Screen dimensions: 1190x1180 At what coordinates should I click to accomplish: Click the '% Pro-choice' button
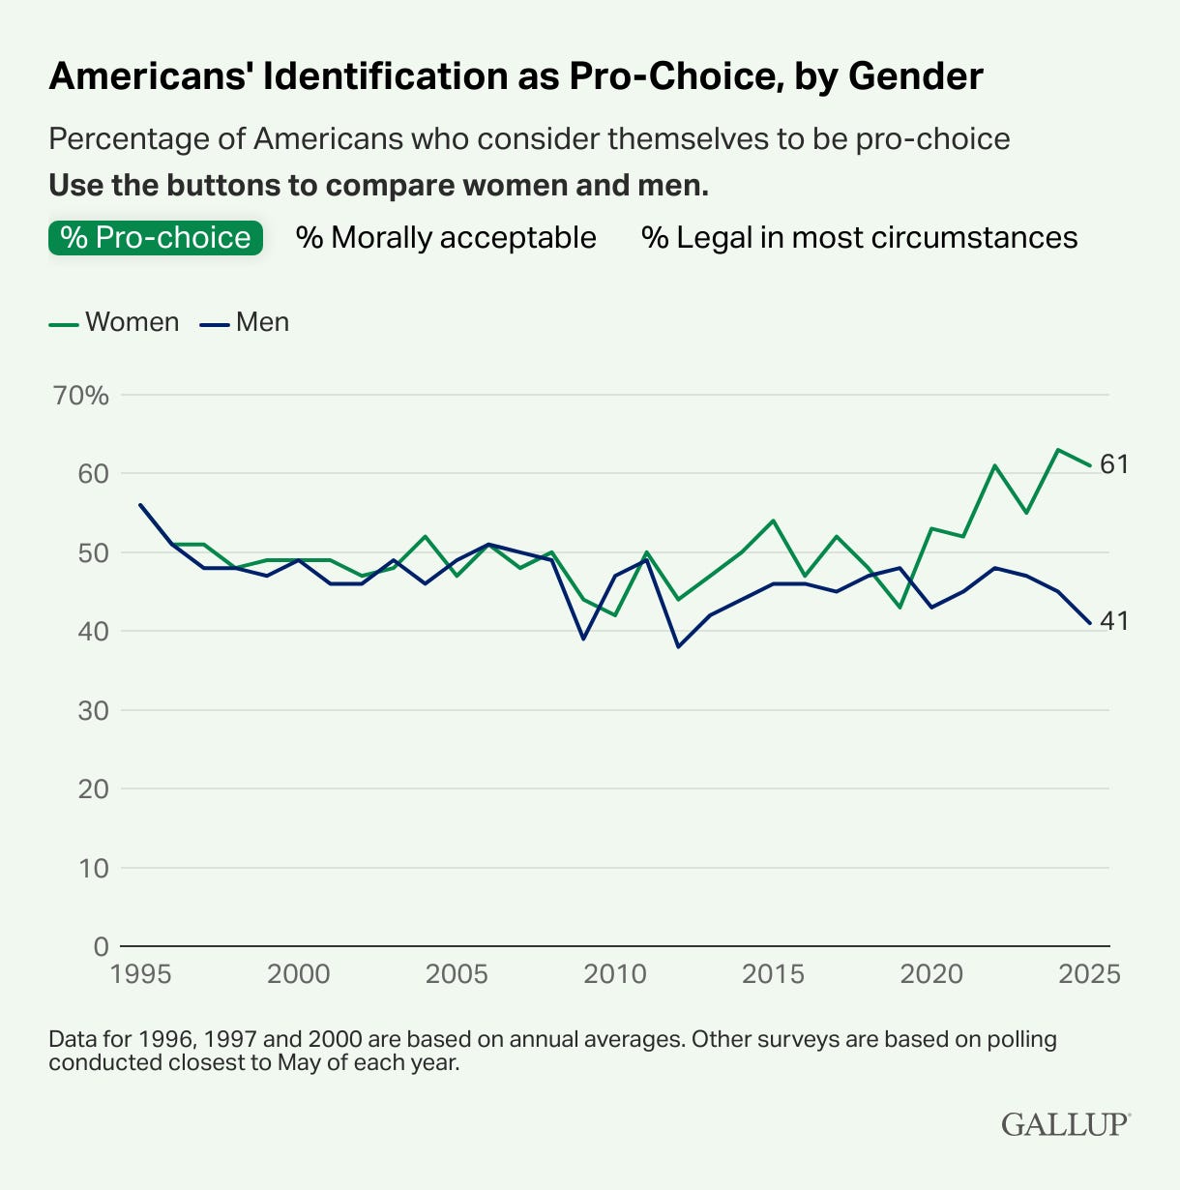(x=155, y=237)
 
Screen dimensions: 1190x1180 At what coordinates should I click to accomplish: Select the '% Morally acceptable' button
(x=446, y=237)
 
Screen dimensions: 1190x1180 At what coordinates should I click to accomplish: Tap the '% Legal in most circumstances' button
(x=859, y=237)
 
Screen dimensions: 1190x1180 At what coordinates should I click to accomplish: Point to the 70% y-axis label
(x=82, y=396)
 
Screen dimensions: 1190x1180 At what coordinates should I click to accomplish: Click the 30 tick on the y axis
(x=93, y=710)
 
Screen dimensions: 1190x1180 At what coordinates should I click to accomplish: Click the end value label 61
(x=1114, y=464)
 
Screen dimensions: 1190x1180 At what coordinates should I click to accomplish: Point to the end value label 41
(x=1114, y=621)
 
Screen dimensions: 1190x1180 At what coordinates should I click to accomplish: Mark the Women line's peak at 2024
(x=1058, y=450)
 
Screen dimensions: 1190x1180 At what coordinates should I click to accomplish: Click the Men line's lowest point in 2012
(x=678, y=646)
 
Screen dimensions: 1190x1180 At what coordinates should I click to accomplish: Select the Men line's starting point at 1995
(x=141, y=505)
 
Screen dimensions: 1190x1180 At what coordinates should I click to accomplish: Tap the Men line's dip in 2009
(x=583, y=639)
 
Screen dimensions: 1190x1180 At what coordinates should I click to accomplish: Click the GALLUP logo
(x=1065, y=1124)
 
